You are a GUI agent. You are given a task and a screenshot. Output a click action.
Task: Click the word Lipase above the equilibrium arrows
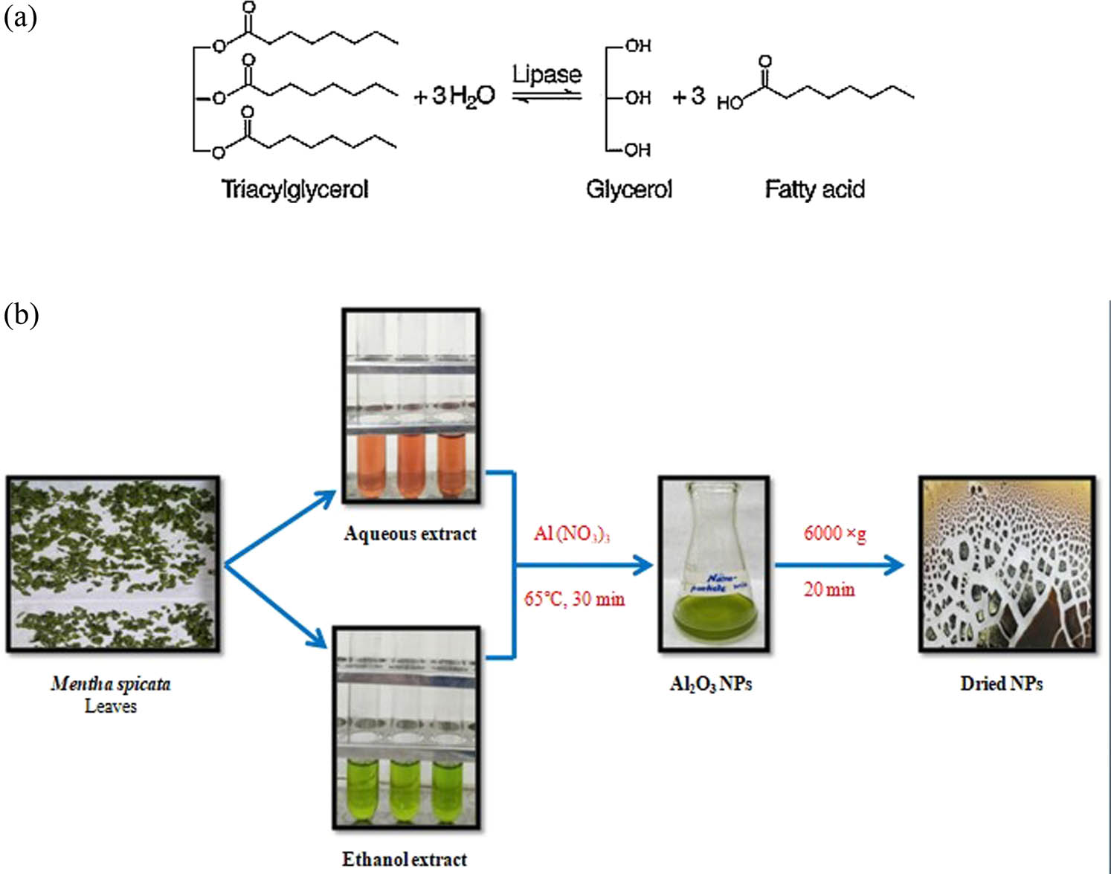click(x=547, y=74)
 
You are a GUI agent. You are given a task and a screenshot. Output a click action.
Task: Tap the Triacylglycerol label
click(x=294, y=190)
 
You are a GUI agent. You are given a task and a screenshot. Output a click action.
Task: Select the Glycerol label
click(x=628, y=190)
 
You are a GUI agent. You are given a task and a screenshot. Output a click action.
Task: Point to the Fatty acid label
click(x=814, y=190)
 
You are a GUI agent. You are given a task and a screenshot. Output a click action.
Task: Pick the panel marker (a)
click(x=20, y=18)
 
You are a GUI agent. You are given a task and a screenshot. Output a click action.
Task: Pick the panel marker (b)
click(x=21, y=314)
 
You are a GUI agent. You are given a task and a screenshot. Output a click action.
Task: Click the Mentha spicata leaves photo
click(x=113, y=565)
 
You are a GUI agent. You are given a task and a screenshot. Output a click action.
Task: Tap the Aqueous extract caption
click(x=410, y=534)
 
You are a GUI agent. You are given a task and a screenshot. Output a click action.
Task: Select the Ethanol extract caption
click(x=405, y=859)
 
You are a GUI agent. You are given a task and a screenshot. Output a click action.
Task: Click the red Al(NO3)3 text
click(x=571, y=534)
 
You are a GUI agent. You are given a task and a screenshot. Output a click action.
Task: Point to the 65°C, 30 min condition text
click(x=574, y=599)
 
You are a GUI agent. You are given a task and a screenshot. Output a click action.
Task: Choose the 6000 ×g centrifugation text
click(x=834, y=533)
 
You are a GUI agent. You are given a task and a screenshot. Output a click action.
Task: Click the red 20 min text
click(x=829, y=590)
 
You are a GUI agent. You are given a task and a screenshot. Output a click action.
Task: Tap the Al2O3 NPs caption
click(x=711, y=684)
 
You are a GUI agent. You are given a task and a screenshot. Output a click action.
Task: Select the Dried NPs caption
click(x=1001, y=684)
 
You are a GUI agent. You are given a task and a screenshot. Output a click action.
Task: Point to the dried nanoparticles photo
click(x=1007, y=565)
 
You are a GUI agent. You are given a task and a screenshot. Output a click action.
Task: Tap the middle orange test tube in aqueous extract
click(x=410, y=464)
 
